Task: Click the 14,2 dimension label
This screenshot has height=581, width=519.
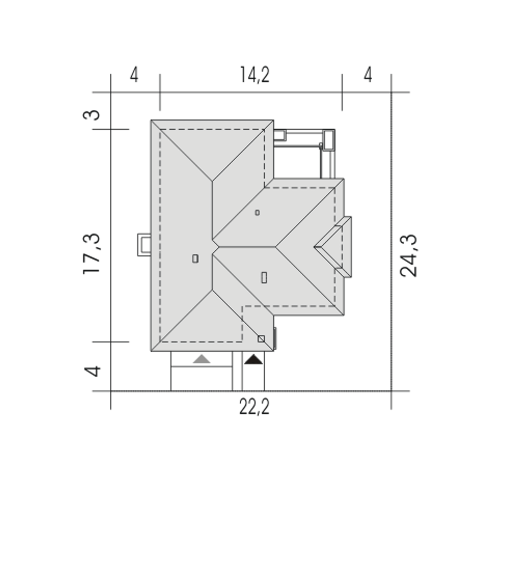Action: click(255, 75)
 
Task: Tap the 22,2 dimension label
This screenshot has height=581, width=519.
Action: click(254, 407)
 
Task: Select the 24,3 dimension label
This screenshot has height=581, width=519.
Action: click(408, 256)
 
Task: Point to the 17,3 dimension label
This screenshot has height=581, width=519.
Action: click(92, 254)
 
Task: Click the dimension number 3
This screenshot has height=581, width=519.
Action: click(91, 115)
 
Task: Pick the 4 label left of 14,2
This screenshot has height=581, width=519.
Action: click(134, 75)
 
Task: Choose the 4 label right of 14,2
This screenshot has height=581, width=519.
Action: click(368, 75)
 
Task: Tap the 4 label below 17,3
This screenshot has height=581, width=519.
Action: click(92, 372)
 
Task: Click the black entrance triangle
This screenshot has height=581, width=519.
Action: click(253, 359)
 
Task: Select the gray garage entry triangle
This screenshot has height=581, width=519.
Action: click(202, 359)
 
